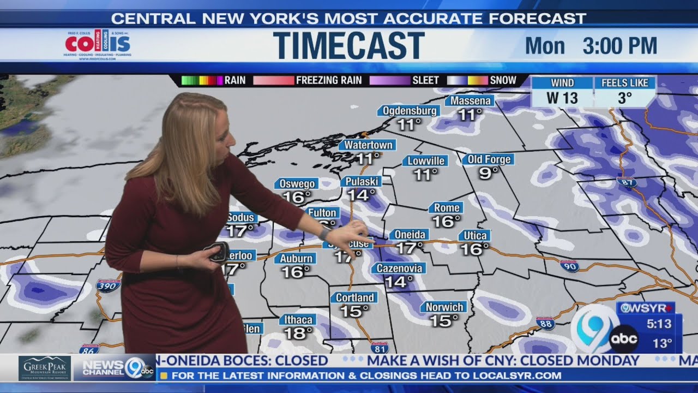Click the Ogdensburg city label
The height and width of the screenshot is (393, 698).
408,111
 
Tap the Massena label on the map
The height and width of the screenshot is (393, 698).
470,101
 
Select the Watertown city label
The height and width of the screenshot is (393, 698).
368,145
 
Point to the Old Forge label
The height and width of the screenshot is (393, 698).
489,159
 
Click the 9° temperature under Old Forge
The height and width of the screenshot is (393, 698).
489,173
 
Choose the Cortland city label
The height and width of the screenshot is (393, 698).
354,297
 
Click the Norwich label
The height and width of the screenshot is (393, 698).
444,307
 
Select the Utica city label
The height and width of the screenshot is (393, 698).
474,236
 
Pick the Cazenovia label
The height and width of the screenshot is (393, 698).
399,268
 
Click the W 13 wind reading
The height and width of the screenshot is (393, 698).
562,99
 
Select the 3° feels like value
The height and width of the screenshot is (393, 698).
624,99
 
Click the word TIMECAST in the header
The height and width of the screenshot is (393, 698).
348,45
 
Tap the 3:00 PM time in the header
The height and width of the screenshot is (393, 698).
619,46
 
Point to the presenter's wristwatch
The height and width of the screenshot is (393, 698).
325,233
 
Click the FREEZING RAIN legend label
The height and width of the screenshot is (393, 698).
329,80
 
